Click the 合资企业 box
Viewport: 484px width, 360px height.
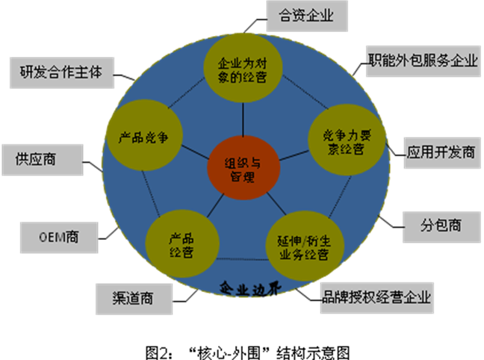pos(305,16)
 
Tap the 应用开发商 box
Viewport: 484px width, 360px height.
pos(441,152)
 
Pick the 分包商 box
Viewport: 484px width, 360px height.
pos(441,225)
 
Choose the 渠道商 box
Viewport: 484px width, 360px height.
pos(135,300)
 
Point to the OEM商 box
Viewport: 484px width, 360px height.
pos(59,238)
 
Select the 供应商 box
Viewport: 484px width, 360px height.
pos(42,160)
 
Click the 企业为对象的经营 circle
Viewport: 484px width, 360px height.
pos(241,69)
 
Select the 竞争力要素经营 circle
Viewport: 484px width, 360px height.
pos(344,140)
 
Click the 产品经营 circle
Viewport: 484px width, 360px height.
pos(181,245)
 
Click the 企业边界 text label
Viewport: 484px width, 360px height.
pos(243,288)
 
